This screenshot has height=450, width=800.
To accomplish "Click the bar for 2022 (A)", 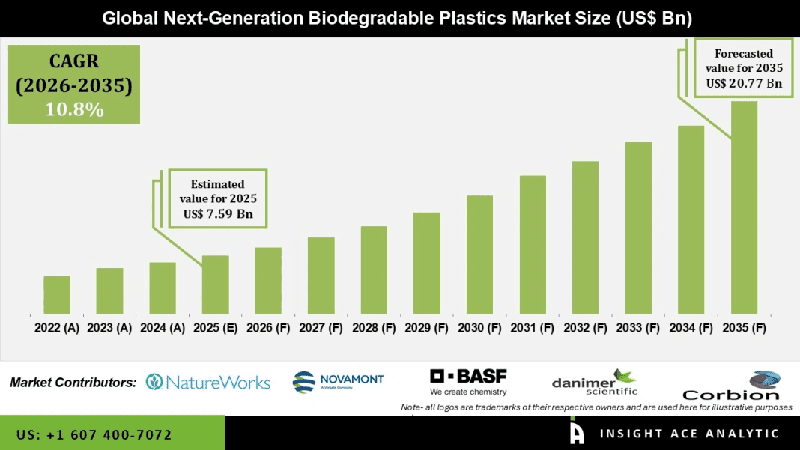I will pos(57,295).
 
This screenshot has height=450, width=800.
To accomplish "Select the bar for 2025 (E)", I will pos(215,285).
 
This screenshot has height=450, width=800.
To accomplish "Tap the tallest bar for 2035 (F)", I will pos(744,207).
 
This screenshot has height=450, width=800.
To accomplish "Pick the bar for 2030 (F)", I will pos(479,255).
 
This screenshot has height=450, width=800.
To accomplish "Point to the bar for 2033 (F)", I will pos(638,228).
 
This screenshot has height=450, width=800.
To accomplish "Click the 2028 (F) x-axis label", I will pos(373,327).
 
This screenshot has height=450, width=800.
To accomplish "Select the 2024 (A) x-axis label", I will pos(162,327).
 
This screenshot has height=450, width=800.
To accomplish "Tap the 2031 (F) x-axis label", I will pos(532,327).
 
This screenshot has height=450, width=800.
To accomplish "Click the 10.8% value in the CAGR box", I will pos(73,109).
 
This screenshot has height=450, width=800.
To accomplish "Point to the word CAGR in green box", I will pos(73,61).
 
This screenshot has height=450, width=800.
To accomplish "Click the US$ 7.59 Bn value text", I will pos(217,214).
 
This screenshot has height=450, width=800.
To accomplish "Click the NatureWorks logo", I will pos(207,382).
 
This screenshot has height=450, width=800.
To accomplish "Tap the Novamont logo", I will pos(338,381).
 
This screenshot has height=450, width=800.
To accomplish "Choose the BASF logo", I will pos(468,381).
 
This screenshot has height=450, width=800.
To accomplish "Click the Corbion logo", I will pos(730,386).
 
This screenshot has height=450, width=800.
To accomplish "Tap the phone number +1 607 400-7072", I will pos(94,434).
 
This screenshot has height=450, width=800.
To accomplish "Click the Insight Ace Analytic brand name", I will pos(689,434).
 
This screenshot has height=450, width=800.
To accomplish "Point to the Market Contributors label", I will pos(73,383).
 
